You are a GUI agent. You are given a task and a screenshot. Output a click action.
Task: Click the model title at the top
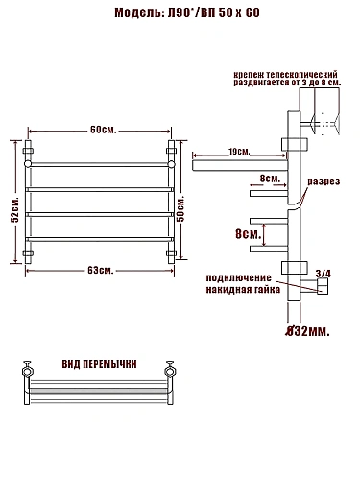pos(187,12)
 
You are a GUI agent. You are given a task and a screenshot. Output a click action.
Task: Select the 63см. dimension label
pos(101,271)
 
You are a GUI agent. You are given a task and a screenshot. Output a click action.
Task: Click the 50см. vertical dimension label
pos(180,209)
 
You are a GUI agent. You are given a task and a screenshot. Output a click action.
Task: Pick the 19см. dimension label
pos(239,152)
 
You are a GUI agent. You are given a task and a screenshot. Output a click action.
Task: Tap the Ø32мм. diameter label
pos(307,331)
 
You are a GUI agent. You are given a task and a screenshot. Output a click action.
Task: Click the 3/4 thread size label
pos(324,274)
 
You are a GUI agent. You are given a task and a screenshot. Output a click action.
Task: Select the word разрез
pos(324,181)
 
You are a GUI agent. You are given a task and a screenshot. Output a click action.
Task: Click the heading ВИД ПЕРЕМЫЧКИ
pos(99,364)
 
